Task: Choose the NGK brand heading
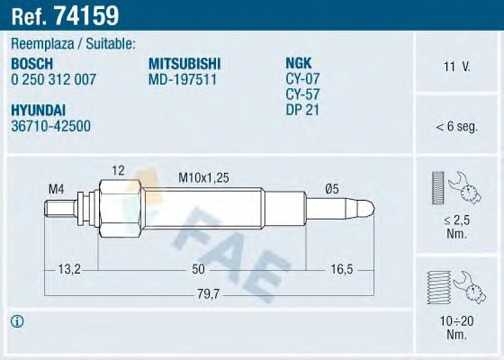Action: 299,63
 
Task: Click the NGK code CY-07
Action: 302,78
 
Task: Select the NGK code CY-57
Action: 302,93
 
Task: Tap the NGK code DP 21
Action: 302,108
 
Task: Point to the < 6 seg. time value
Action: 457,126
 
